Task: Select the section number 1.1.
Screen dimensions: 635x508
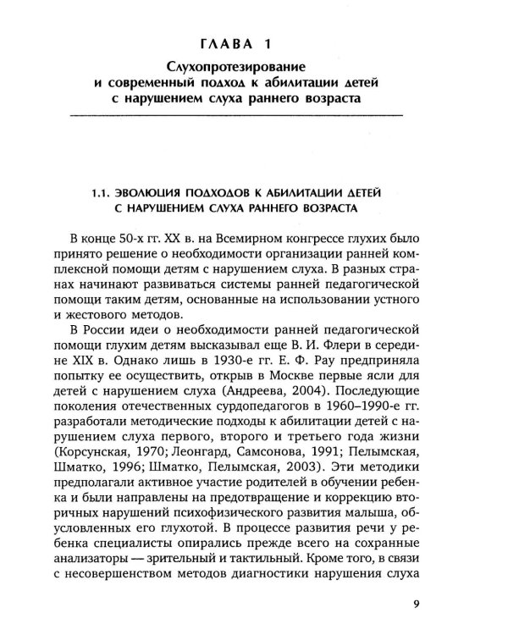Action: pyautogui.click(x=103, y=191)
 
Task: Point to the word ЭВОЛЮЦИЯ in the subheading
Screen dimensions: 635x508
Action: pyautogui.click(x=157, y=191)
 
